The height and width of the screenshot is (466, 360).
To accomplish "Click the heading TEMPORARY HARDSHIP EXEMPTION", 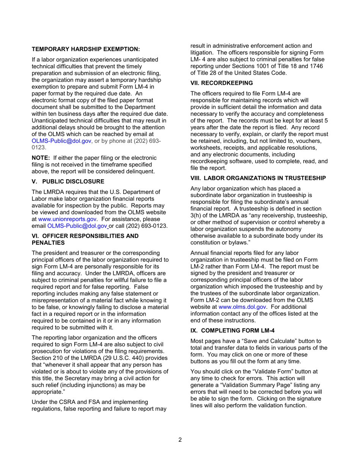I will (x=86, y=49).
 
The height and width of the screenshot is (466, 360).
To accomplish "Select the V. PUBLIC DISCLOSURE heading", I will (x=67, y=181).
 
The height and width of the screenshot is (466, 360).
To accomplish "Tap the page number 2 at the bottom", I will (x=180, y=439).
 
